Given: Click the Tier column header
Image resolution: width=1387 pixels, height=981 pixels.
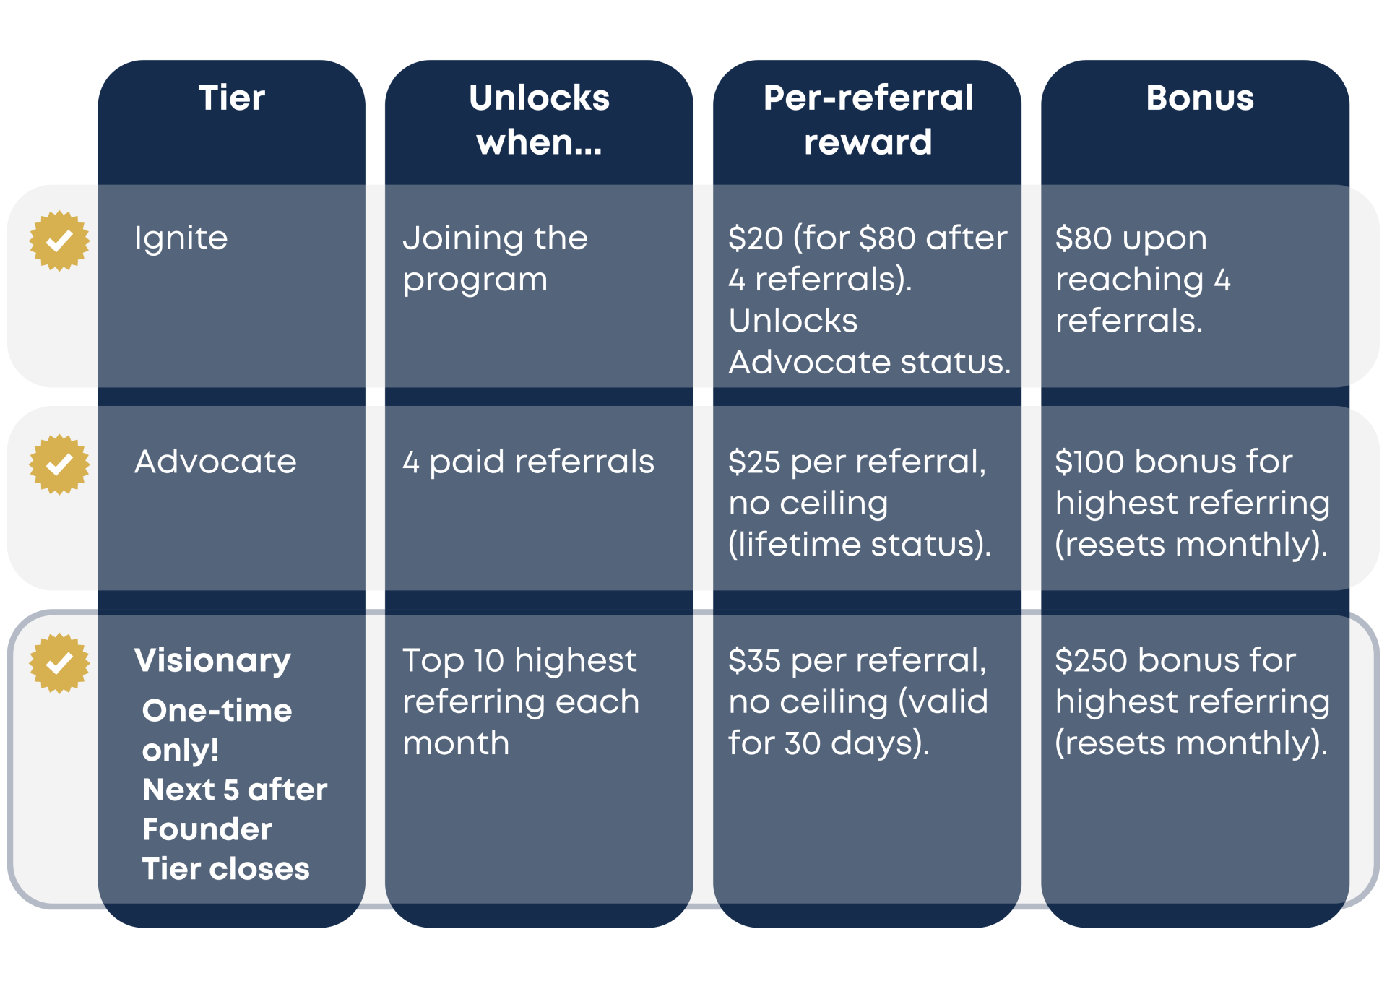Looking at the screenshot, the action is tap(232, 98).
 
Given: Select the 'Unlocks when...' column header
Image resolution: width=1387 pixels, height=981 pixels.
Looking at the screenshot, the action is tap(539, 120).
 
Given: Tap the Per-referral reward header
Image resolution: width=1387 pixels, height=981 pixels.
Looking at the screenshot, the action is tap(868, 120).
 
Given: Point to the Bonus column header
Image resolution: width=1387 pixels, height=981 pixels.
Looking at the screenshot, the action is tap(1200, 98).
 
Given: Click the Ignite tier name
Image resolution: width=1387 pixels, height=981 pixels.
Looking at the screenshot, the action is tap(181, 238).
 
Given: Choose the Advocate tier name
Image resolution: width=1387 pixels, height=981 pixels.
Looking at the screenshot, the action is tap(215, 462).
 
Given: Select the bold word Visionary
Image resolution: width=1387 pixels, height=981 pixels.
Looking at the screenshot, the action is tap(212, 661).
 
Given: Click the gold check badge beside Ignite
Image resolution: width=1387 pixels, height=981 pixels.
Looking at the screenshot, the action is tap(59, 241).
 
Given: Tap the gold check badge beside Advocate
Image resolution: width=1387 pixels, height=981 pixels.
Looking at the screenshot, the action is tap(59, 464).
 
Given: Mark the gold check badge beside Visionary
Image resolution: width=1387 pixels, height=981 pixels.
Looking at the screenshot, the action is tap(59, 663).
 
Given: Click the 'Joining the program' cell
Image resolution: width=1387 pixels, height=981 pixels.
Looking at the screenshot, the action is tap(496, 259).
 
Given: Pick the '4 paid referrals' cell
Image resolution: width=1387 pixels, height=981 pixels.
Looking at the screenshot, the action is tap(528, 462).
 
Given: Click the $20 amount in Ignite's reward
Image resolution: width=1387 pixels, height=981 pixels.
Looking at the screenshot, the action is tap(756, 239).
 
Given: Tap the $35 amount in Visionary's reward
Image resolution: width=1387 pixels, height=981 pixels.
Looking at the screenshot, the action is tap(755, 661).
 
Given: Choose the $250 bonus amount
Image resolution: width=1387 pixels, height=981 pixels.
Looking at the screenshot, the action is tap(1091, 661).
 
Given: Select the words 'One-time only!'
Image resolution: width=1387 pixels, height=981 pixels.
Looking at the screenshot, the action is tap(217, 730).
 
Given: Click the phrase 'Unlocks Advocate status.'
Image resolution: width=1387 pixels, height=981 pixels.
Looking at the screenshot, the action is tap(870, 342).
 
